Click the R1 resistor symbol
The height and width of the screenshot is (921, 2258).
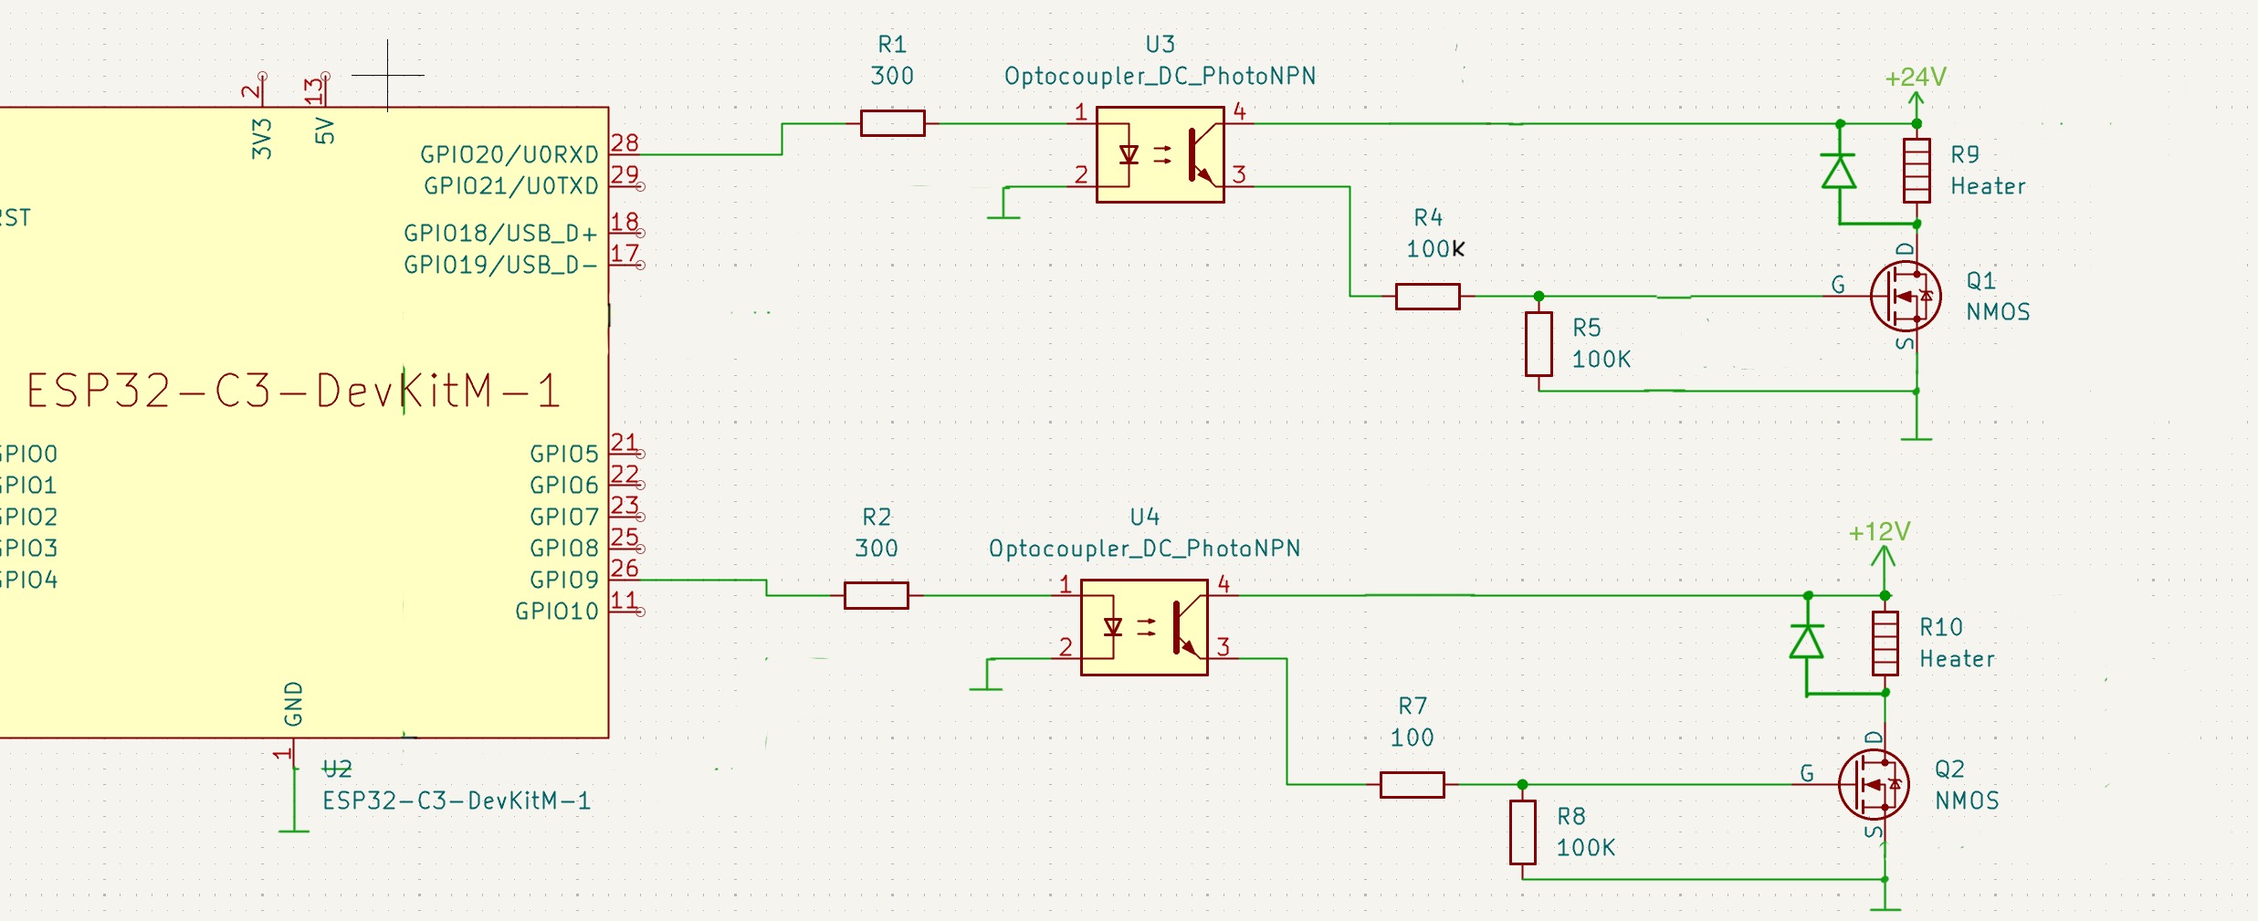point(892,123)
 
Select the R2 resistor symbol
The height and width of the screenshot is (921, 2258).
point(876,595)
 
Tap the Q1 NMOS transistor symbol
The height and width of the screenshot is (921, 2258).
point(1906,297)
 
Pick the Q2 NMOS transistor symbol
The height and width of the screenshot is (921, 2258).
point(1874,784)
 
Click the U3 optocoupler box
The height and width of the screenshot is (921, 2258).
point(1160,155)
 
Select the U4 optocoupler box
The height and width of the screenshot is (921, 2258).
point(1144,627)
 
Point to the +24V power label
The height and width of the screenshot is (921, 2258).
point(1916,78)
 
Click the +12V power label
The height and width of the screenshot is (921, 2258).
point(1879,532)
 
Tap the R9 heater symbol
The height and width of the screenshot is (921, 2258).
point(1917,171)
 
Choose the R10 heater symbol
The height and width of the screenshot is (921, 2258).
point(1885,643)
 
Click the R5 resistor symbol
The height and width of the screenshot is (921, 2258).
point(1539,344)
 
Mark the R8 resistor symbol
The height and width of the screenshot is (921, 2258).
point(1522,832)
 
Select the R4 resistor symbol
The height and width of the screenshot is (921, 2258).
point(1427,297)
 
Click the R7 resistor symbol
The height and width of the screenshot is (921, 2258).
point(1412,785)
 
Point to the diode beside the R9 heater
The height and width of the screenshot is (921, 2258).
point(1839,172)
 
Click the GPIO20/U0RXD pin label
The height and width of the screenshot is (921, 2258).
point(509,155)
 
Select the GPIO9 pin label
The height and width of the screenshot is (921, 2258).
point(563,580)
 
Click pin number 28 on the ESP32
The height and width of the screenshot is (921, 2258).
point(625,142)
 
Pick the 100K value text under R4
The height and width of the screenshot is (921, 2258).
point(1434,249)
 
